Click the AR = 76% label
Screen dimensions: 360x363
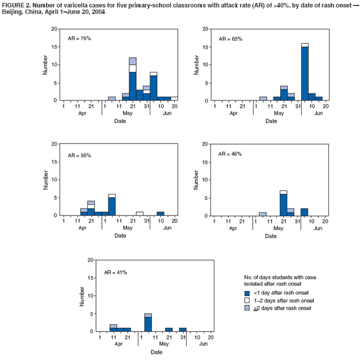point(79,39)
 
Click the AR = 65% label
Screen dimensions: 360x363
point(230,39)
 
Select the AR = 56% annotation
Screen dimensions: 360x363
point(79,154)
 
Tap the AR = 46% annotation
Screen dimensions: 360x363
point(230,154)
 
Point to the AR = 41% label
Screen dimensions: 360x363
point(116,272)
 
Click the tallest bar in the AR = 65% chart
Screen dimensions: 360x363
point(305,72)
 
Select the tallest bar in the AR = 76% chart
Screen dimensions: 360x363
point(132,79)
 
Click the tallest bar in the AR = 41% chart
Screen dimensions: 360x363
point(148,322)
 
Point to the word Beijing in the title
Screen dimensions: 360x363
point(12,12)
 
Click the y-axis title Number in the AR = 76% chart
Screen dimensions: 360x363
point(45,65)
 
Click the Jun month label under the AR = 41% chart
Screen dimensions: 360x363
point(203,344)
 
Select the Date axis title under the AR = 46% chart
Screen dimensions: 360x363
point(270,235)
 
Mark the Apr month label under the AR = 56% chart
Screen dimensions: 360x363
point(82,227)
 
